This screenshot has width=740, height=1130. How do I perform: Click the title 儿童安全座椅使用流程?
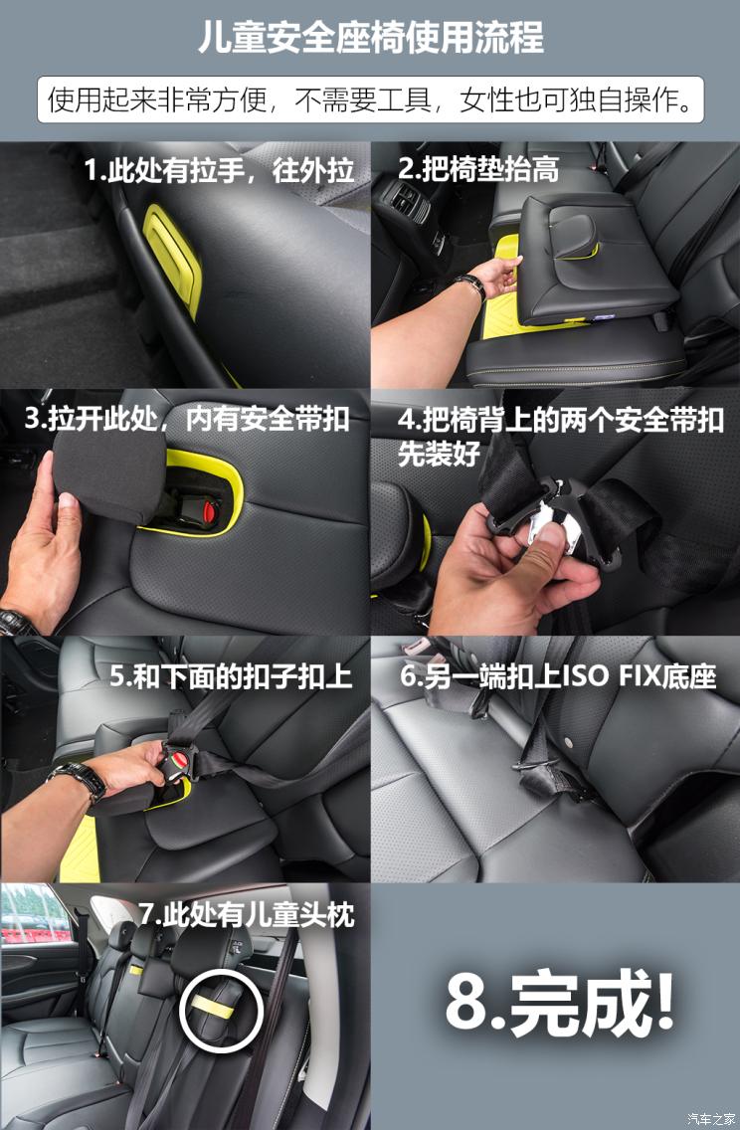click(x=370, y=38)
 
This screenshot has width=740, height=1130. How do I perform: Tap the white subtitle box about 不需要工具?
click(x=370, y=99)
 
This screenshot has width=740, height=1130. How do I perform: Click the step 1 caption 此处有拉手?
click(x=219, y=170)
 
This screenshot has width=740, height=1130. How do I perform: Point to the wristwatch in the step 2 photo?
click(x=470, y=286)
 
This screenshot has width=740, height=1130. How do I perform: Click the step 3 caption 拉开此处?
click(x=187, y=419)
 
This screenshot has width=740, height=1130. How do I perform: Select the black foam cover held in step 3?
click(x=104, y=477)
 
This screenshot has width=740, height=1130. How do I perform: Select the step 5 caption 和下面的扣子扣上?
click(x=231, y=677)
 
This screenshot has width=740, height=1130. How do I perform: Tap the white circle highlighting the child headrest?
click(x=220, y=1014)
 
